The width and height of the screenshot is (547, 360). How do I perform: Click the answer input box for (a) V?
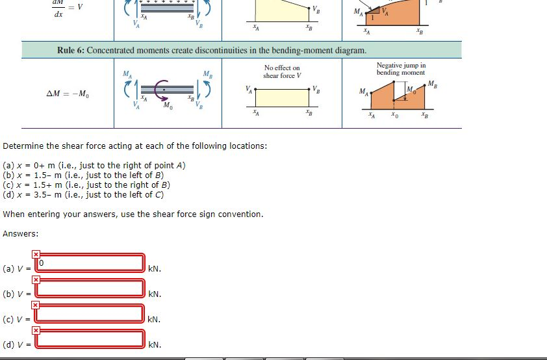90,263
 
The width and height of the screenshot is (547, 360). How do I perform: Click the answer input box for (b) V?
90,289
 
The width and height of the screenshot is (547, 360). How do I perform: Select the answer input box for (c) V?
90,313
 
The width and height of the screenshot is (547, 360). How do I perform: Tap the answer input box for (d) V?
90,339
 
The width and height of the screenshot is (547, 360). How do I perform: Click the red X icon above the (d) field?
36,330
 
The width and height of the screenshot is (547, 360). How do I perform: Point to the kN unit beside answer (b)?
155,294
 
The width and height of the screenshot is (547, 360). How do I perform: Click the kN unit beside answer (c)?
155,320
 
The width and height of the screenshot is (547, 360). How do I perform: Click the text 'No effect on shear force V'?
282,71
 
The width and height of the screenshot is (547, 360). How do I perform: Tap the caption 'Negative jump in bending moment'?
401,69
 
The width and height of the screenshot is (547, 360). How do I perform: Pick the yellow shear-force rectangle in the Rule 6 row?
283,97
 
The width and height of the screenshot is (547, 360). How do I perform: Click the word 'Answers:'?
21,233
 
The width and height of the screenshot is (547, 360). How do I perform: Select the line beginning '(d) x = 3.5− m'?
84,194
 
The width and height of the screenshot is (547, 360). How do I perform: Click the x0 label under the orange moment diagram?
394,117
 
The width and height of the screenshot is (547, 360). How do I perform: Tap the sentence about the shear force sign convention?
133,214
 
